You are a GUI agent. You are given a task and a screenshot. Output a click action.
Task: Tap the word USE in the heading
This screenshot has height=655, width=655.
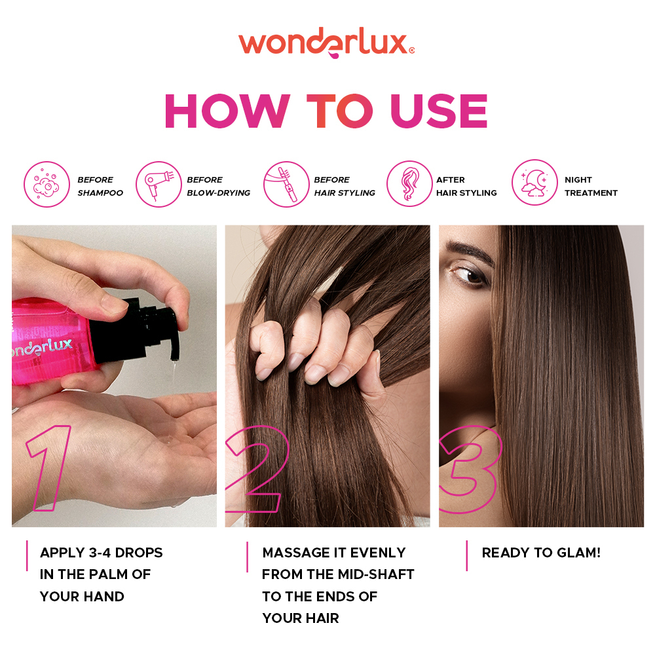click(440, 111)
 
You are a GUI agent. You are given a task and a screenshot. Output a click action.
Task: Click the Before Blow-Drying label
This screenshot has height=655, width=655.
click(218, 186)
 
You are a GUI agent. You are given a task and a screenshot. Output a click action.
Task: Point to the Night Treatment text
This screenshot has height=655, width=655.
click(591, 186)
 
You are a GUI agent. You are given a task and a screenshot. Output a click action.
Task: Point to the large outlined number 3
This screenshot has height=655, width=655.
click(470, 470)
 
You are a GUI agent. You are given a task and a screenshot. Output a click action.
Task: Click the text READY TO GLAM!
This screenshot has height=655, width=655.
click(541, 553)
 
